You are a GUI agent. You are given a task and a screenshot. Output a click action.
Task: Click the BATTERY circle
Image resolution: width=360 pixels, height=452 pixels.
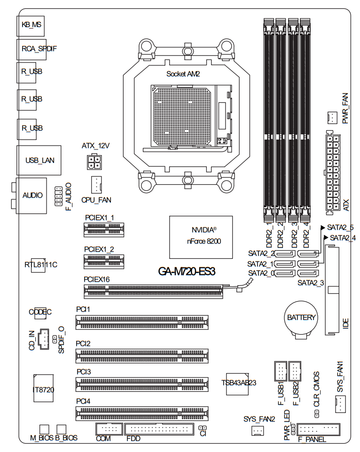[301, 318]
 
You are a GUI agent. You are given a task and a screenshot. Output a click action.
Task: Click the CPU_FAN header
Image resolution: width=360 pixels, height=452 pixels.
[96, 185]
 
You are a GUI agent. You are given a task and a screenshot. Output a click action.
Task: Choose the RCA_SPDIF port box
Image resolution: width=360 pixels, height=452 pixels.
[31, 48]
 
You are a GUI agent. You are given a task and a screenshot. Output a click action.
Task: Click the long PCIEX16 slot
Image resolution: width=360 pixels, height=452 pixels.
[154, 291]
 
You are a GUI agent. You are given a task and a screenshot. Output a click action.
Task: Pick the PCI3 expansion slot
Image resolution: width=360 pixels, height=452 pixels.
[141, 384]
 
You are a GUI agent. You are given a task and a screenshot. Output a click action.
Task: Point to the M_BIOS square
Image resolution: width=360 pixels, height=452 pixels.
[44, 429]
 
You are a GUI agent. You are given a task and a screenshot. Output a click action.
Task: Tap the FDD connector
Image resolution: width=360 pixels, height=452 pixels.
[159, 429]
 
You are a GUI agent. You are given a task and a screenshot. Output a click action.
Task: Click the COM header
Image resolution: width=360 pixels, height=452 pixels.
[109, 429]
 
